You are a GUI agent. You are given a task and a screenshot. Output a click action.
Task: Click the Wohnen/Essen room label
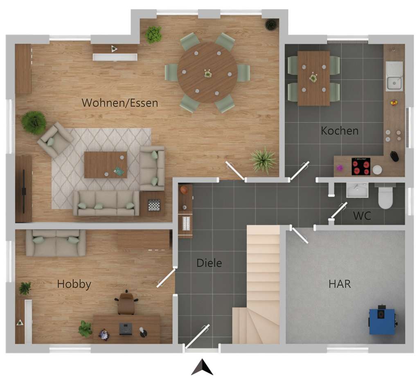(x=119, y=102)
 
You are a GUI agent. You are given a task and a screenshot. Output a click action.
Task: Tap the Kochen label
(x=340, y=131)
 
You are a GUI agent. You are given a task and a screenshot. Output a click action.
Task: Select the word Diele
(x=209, y=263)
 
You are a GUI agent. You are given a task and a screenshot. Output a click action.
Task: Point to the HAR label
(x=340, y=284)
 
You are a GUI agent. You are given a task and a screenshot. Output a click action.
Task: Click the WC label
(x=362, y=216)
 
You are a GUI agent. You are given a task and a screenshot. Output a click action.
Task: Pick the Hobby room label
(x=74, y=284)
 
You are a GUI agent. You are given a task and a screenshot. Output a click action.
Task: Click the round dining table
(x=207, y=73)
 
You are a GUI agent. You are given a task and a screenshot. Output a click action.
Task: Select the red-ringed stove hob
(x=361, y=166)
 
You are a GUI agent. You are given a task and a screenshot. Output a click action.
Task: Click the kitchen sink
(x=394, y=76)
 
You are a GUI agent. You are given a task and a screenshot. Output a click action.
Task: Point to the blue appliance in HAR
(x=382, y=321)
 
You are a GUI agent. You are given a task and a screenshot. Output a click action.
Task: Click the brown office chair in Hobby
(x=126, y=303)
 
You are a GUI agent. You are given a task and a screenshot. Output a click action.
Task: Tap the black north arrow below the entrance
(x=202, y=367)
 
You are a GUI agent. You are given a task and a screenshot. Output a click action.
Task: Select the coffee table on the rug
(x=106, y=165)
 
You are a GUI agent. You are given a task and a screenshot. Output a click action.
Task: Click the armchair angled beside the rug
(x=55, y=140)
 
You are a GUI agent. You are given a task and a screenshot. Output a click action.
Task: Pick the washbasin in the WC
(x=357, y=190)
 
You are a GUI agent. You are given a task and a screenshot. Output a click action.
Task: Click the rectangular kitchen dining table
(x=313, y=78)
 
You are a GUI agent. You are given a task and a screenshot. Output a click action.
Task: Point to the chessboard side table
(x=153, y=205)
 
